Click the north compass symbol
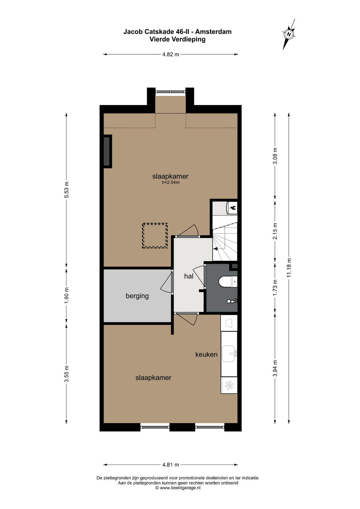289,34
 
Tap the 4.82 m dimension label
171,54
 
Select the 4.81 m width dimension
171,464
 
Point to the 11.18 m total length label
289,268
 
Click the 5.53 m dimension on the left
67,190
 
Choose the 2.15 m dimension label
275,231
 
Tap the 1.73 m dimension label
275,288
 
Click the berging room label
137,296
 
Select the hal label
189,276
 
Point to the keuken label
207,354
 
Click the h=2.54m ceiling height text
171,182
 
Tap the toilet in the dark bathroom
228,282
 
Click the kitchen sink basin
228,354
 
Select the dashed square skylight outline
155,236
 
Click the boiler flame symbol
233,208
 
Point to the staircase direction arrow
216,249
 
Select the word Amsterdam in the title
213,32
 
